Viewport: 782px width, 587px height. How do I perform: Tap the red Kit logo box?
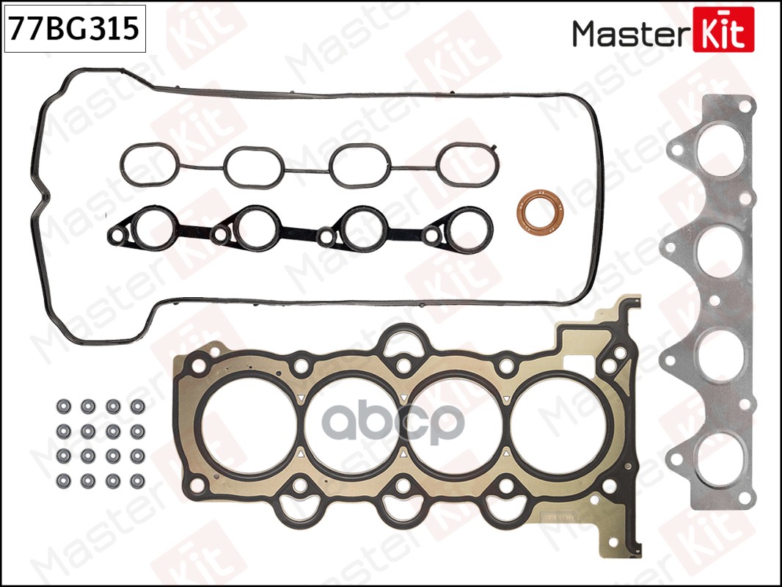(x=723, y=29)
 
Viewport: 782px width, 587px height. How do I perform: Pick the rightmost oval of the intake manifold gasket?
(x=468, y=164)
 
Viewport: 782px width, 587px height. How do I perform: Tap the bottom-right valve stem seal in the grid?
(x=137, y=481)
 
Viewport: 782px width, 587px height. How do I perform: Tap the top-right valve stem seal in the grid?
(x=137, y=406)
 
